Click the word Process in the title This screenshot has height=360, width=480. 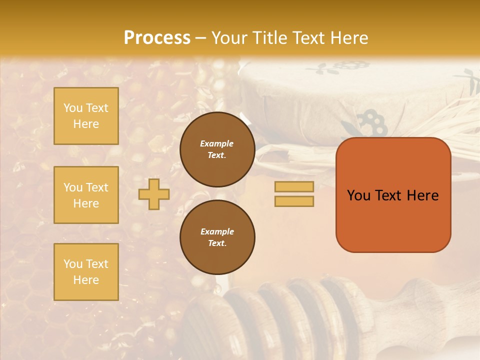[157, 38]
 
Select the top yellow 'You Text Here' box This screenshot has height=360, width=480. [86, 116]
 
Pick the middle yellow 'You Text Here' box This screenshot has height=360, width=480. [86, 195]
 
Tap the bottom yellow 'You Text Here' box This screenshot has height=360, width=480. [86, 272]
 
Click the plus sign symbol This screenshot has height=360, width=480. [153, 194]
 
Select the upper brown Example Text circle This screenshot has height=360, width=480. [217, 149]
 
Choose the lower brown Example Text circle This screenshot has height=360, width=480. [217, 237]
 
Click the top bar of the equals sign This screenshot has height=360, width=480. [294, 187]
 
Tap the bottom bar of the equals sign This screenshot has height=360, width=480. [294, 201]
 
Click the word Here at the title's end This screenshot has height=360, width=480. [349, 38]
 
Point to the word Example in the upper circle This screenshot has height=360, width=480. [217, 143]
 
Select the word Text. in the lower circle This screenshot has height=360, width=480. [217, 243]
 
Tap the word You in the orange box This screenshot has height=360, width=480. [358, 195]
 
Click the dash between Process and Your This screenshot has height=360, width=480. [201, 38]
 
